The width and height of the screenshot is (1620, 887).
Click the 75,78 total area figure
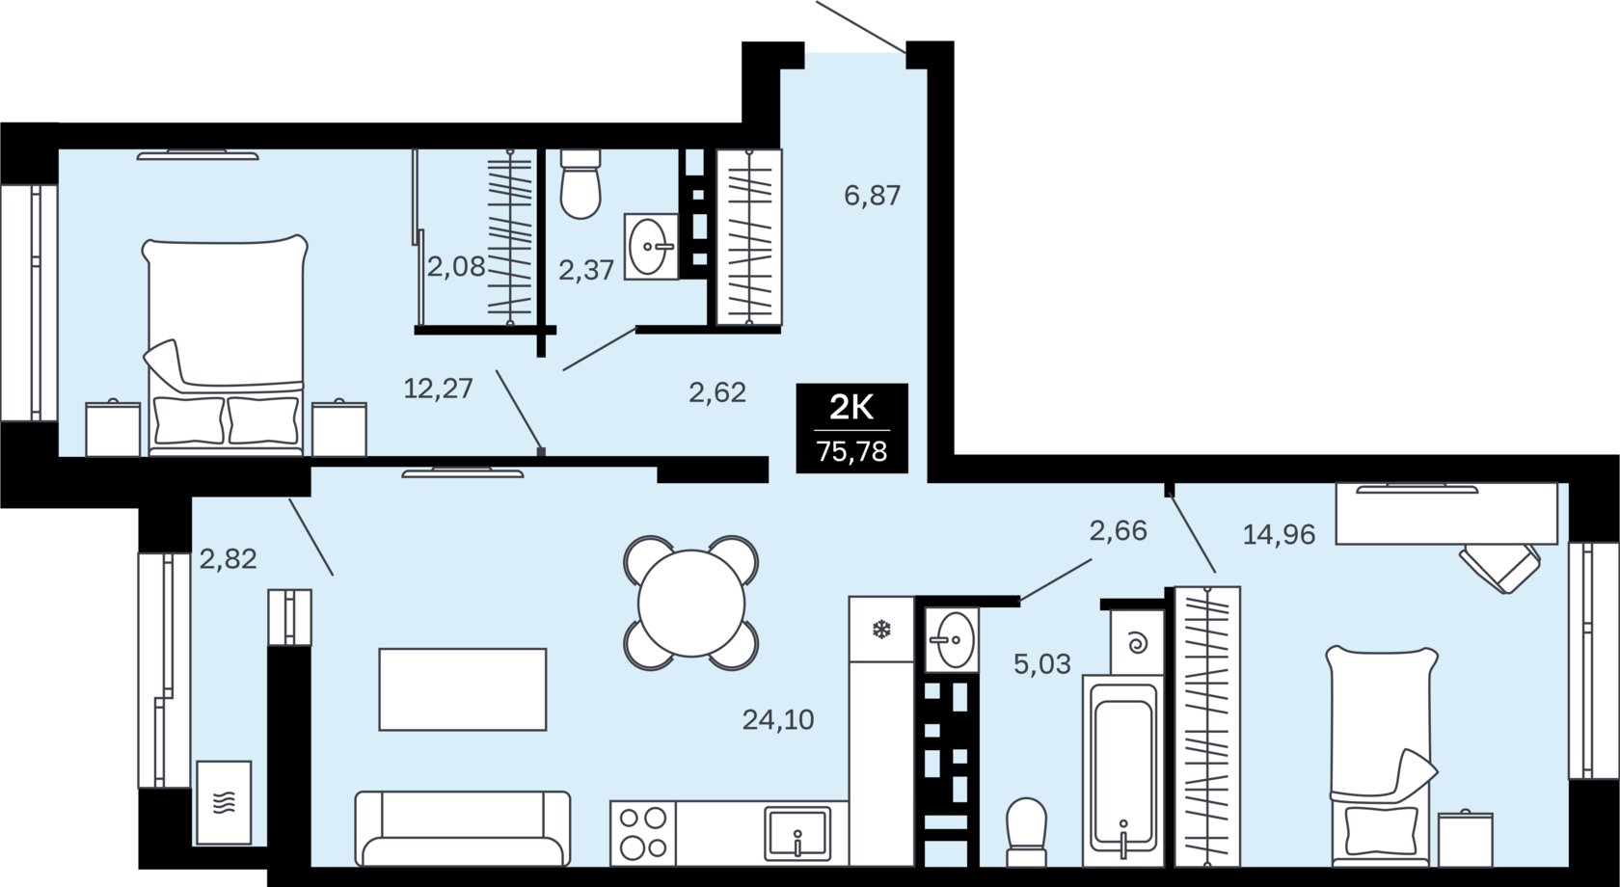[851, 451]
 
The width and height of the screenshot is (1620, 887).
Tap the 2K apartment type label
[851, 409]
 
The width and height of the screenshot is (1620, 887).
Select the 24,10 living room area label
[778, 719]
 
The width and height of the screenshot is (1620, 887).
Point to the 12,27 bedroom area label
[438, 389]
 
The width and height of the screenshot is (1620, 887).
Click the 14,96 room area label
[1279, 534]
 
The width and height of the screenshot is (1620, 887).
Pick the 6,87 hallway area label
[872, 195]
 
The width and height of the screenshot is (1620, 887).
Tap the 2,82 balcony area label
[228, 559]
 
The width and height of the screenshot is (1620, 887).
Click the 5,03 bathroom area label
[1042, 663]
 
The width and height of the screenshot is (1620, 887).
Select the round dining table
[691, 603]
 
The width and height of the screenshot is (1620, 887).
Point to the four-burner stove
[643, 833]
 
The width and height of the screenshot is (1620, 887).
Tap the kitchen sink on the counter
[797, 834]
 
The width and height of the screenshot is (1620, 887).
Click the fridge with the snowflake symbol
[881, 629]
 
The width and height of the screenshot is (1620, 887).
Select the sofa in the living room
[463, 828]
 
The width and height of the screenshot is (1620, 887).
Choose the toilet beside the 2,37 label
[580, 183]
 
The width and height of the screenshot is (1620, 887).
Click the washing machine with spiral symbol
[1138, 642]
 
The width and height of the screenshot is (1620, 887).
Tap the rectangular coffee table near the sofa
[463, 689]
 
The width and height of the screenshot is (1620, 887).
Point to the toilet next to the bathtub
[1026, 832]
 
